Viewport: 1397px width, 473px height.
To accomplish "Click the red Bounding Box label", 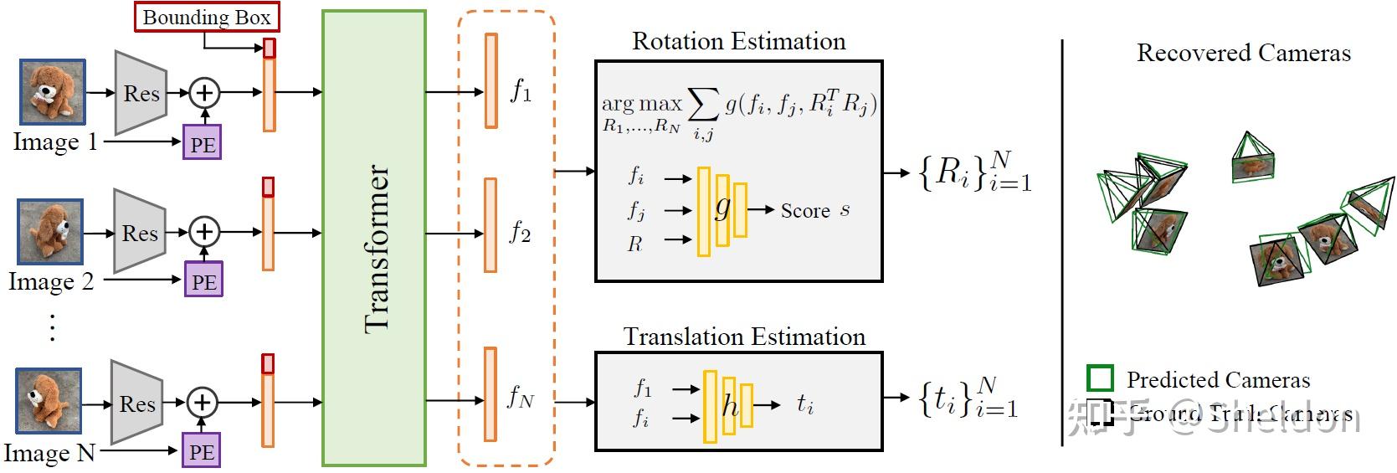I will click(x=207, y=17).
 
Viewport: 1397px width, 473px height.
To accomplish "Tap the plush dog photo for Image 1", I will click(x=52, y=92).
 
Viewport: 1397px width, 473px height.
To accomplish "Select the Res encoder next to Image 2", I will click(x=139, y=232).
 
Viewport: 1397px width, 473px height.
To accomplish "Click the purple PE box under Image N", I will click(x=202, y=451).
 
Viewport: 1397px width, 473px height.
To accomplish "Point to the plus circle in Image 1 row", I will click(x=204, y=92).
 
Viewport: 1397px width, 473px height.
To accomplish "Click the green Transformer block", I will click(x=374, y=238).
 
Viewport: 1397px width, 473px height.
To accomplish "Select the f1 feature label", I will click(x=521, y=90).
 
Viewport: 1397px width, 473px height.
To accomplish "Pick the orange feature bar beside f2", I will click(x=490, y=225).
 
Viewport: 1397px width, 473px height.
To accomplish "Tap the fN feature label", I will click(x=520, y=397).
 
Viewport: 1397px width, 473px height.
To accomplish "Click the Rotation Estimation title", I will click(x=738, y=41).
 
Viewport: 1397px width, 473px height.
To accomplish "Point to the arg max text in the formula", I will click(x=641, y=104).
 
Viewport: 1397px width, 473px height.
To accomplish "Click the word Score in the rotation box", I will click(x=804, y=211).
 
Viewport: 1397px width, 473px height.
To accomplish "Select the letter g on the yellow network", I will click(x=722, y=207).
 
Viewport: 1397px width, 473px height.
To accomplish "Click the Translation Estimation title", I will click(x=744, y=337).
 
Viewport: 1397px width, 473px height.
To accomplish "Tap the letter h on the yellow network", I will click(x=730, y=406).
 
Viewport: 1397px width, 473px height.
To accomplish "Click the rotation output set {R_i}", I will click(x=974, y=172).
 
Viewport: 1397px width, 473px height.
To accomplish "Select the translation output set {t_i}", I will click(x=968, y=398).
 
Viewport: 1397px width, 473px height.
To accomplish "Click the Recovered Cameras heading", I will click(x=1243, y=53).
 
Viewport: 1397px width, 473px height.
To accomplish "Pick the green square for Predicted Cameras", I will click(x=1100, y=378).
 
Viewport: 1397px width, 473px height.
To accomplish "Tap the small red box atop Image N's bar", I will click(x=268, y=364).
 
